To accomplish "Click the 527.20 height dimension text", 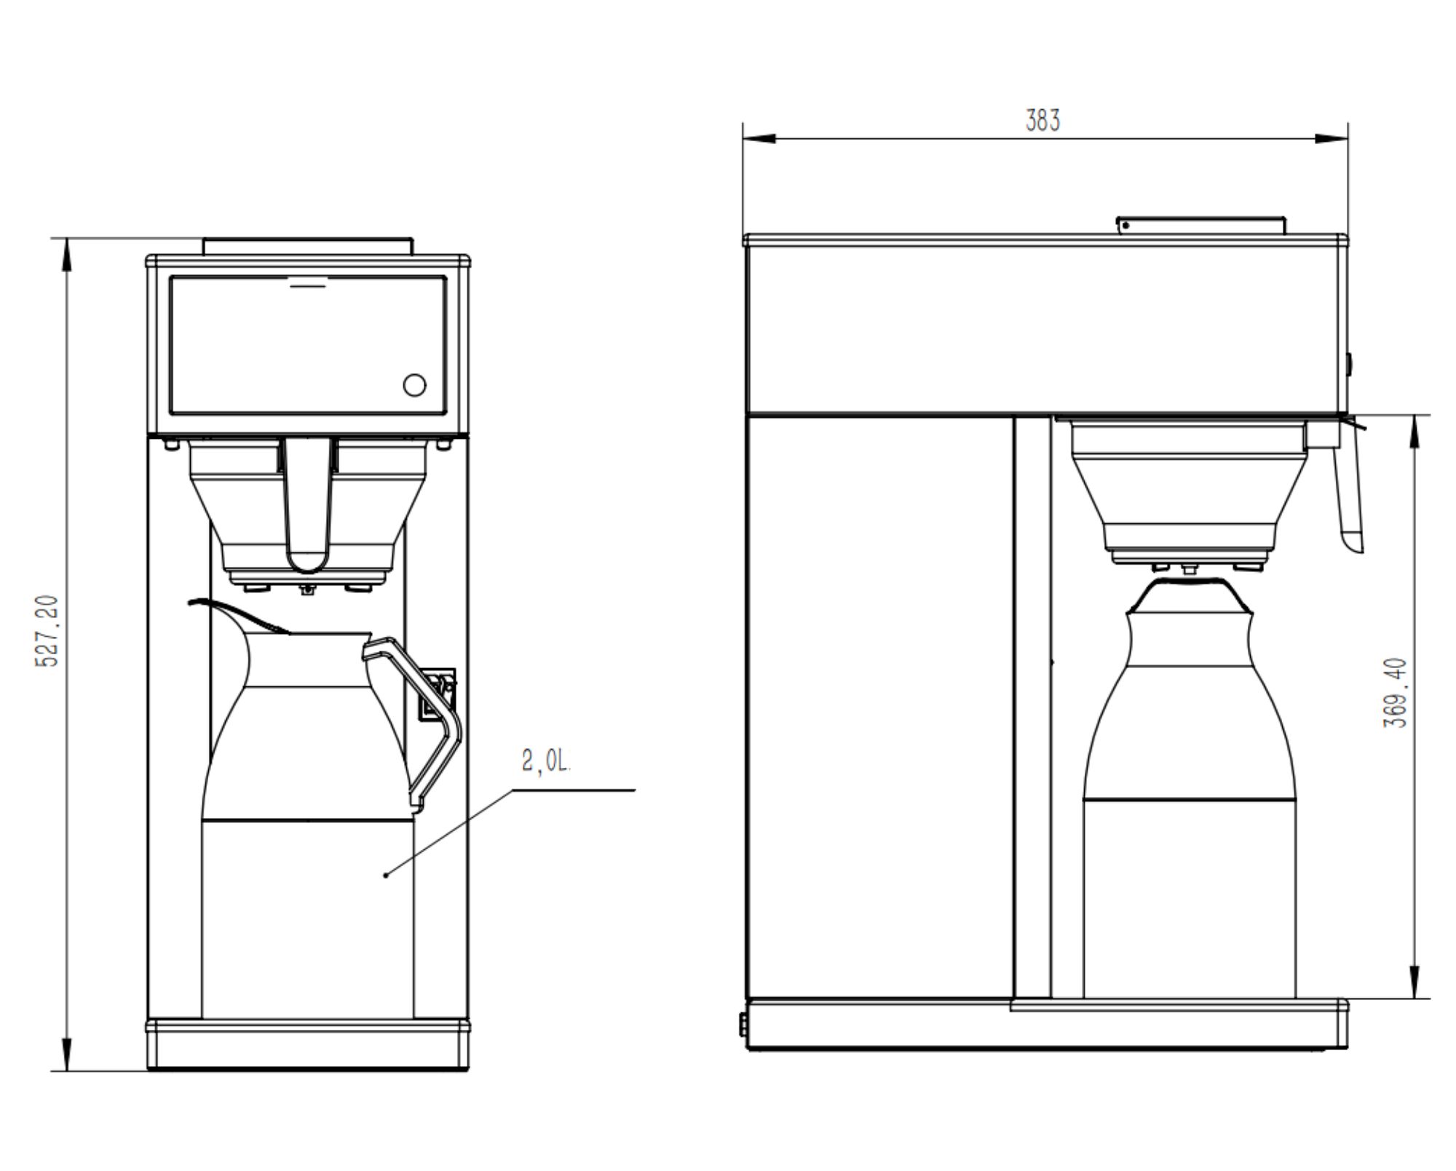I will [47, 631].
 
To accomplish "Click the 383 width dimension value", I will [1042, 120].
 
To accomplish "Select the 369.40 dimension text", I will [1395, 692].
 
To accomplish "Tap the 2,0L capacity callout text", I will [546, 761].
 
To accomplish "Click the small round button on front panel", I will [414, 385].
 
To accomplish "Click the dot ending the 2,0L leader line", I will [386, 874].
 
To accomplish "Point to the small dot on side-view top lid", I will [1125, 226].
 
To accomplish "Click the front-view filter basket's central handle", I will [309, 502].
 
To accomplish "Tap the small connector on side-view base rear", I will [743, 1024].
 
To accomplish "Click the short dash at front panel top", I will [308, 286].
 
